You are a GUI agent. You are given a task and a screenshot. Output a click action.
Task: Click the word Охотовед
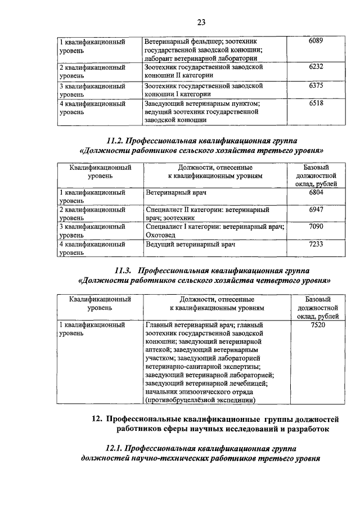tap(162, 235)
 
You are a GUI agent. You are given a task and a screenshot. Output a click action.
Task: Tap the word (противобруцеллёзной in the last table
tap(181, 400)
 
